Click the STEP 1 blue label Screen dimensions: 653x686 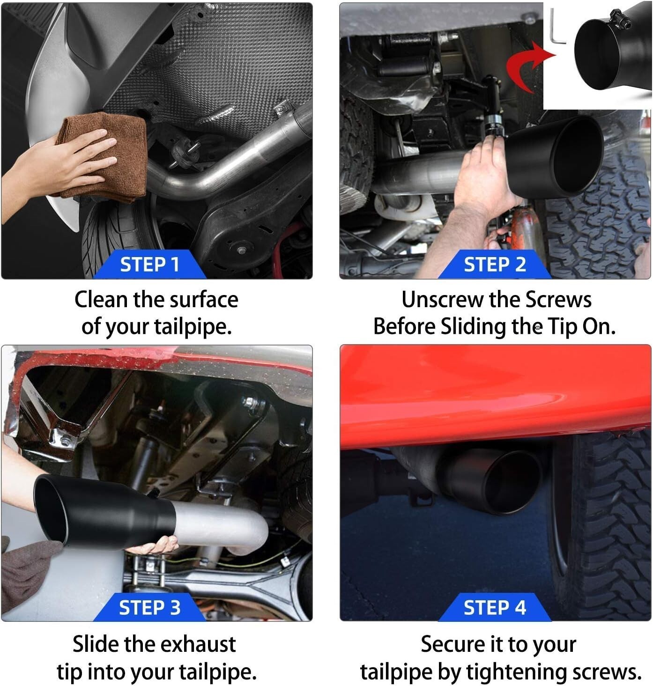(x=149, y=264)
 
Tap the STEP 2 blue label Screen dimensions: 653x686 (x=495, y=264)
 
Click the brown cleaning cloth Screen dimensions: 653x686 (x=105, y=157)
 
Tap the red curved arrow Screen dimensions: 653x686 (x=527, y=66)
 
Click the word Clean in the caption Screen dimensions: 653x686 (x=101, y=300)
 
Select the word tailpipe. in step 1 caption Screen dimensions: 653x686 (x=193, y=327)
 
